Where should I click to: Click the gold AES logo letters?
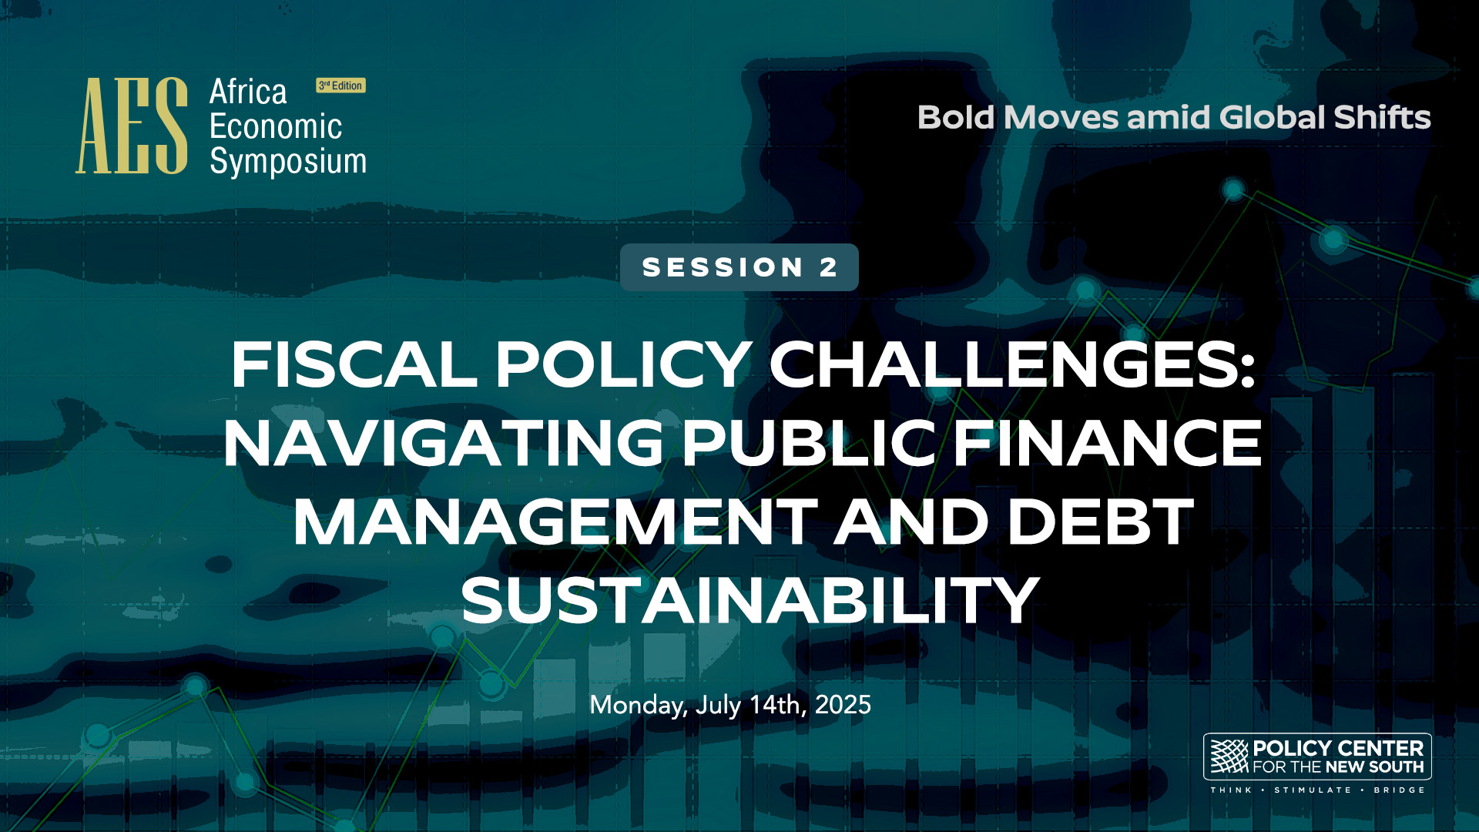pos(132,126)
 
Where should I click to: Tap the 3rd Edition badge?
pos(340,86)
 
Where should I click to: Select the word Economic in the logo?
pos(276,126)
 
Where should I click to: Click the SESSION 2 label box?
pos(739,267)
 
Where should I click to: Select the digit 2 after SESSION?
pos(829,267)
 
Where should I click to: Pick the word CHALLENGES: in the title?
pos(1012,364)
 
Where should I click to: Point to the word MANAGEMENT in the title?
pos(555,522)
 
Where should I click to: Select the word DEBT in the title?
pos(1101,522)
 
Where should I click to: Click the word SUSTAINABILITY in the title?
pos(750,601)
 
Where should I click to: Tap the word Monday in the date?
pos(639,706)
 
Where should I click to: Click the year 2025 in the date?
pos(843,705)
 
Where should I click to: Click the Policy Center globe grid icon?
pos(1229,757)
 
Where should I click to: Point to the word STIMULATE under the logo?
pos(1313,790)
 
